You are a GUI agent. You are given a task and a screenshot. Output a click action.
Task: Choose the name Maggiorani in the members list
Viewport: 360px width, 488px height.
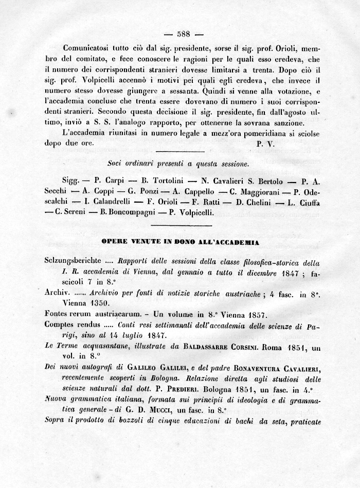tap(251, 192)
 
